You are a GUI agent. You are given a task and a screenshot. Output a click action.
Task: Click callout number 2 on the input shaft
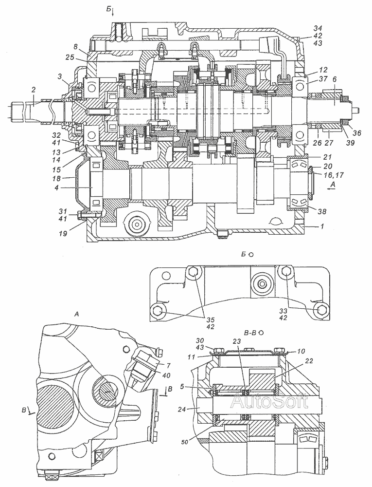34,90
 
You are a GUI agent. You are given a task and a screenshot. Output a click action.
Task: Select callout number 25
70,57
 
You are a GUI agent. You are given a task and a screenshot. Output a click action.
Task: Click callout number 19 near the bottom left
63,233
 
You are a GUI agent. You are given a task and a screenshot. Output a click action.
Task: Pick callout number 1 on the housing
322,226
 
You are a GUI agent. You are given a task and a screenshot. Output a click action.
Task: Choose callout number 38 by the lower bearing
322,211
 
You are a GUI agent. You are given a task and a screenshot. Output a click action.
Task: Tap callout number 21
327,157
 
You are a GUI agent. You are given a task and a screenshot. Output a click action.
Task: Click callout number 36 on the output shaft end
357,132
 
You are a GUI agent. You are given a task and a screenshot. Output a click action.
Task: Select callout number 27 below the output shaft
329,143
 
